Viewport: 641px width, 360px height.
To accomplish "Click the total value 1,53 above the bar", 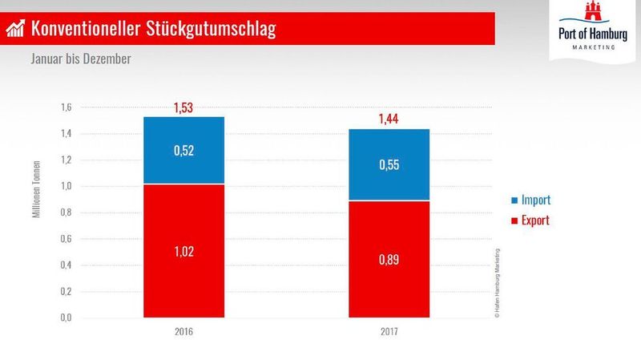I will (184, 107).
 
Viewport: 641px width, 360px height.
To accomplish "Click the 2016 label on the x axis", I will (184, 332).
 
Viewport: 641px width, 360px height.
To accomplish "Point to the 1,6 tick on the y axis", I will (66, 108).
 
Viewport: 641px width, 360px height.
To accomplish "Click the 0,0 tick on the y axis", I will (66, 318).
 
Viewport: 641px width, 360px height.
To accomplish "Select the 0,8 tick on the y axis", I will (66, 213).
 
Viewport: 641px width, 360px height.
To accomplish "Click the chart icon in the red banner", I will (15, 30).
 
